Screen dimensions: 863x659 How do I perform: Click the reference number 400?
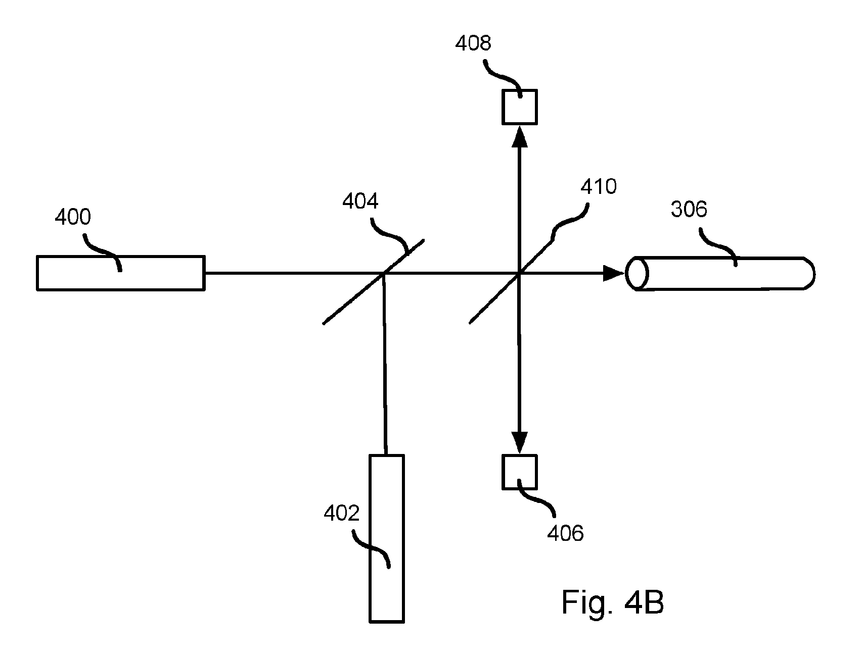click(73, 217)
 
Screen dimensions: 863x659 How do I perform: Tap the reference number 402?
click(342, 514)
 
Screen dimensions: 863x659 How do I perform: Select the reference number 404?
click(360, 201)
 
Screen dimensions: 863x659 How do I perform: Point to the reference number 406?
click(566, 533)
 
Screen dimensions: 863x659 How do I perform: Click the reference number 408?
click(473, 43)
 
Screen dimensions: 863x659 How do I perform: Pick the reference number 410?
click(599, 187)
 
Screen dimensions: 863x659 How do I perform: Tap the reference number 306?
click(689, 209)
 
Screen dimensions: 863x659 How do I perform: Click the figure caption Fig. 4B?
click(613, 602)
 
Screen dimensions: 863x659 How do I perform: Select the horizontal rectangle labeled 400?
click(121, 273)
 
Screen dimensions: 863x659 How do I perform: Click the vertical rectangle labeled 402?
click(387, 538)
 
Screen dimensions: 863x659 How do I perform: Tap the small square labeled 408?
click(519, 107)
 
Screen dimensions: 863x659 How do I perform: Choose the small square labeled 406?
click(519, 472)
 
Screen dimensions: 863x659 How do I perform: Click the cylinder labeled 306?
click(720, 273)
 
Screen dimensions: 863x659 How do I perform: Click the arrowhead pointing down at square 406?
click(519, 443)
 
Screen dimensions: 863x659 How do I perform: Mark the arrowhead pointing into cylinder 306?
click(614, 273)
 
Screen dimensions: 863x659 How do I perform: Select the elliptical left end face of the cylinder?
click(637, 273)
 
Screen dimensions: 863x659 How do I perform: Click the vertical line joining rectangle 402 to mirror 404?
click(384, 364)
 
